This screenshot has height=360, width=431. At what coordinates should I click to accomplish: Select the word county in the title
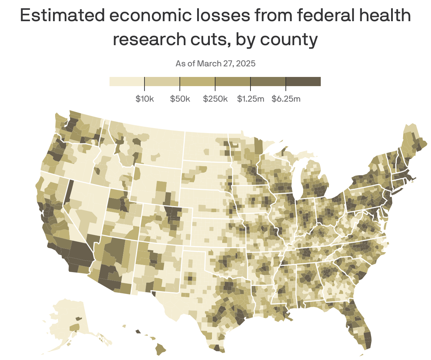289,40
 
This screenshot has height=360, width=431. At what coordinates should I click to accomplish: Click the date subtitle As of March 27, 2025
215,64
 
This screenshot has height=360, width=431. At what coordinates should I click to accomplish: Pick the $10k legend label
144,99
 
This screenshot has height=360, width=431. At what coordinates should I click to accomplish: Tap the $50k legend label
180,99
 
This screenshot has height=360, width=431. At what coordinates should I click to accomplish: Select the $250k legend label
215,99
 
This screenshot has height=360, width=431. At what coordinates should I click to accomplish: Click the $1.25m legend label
250,99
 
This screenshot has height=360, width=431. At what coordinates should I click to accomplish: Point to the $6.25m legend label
286,99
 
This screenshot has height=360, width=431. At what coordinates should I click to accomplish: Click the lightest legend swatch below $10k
127,82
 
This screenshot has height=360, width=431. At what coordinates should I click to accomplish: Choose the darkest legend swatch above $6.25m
303,82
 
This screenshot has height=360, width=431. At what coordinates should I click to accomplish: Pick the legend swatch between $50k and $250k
197,82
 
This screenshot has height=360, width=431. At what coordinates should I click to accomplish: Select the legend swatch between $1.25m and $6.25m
268,82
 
